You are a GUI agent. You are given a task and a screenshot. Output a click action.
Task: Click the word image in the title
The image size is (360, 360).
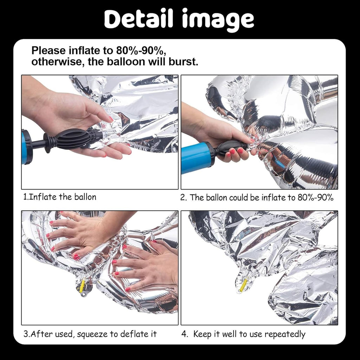pyautogui.click(x=218, y=20)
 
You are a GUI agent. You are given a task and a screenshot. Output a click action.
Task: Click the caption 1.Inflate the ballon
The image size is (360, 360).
pyautogui.click(x=59, y=197)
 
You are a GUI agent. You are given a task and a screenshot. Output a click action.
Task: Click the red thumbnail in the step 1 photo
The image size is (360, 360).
pyautogui.click(x=111, y=119)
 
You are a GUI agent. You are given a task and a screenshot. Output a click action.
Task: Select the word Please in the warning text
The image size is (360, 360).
pyautogui.click(x=49, y=51)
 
